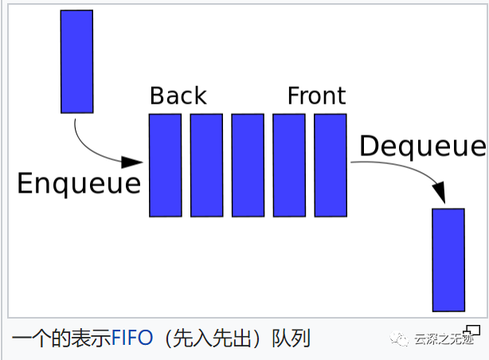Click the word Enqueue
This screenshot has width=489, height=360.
(78, 184)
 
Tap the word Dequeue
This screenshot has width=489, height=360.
(421, 147)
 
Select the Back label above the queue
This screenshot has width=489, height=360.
(178, 96)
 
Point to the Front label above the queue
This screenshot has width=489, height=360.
(316, 96)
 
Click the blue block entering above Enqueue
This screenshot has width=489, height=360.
(76, 61)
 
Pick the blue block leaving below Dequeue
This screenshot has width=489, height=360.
(448, 260)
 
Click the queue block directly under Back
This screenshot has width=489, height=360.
(165, 165)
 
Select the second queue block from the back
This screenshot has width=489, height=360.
(206, 165)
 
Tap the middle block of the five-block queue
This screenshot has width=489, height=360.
(248, 165)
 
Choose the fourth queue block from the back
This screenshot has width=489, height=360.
(288, 165)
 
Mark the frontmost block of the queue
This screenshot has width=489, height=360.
(330, 165)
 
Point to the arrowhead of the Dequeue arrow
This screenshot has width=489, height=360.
(439, 192)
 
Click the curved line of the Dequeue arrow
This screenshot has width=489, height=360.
(398, 164)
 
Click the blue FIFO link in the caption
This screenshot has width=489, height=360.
(131, 338)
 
